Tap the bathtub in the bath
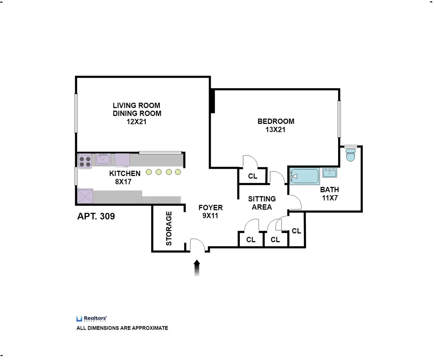[x=305, y=176]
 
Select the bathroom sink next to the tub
[x=329, y=173]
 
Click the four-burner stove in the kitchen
[x=85, y=160]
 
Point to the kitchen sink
[x=103, y=159]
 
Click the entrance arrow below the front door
[x=197, y=268]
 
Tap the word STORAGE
[x=169, y=228]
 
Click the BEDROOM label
[x=276, y=121]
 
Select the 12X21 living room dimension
[x=136, y=122]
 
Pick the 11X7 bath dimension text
[x=329, y=198]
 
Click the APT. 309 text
[x=96, y=217]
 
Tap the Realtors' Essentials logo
[x=91, y=318]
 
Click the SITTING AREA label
[x=262, y=203]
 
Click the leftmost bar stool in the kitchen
[x=149, y=172]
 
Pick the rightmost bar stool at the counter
[x=178, y=172]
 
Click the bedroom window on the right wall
[x=339, y=119]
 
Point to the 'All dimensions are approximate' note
[x=122, y=328]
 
